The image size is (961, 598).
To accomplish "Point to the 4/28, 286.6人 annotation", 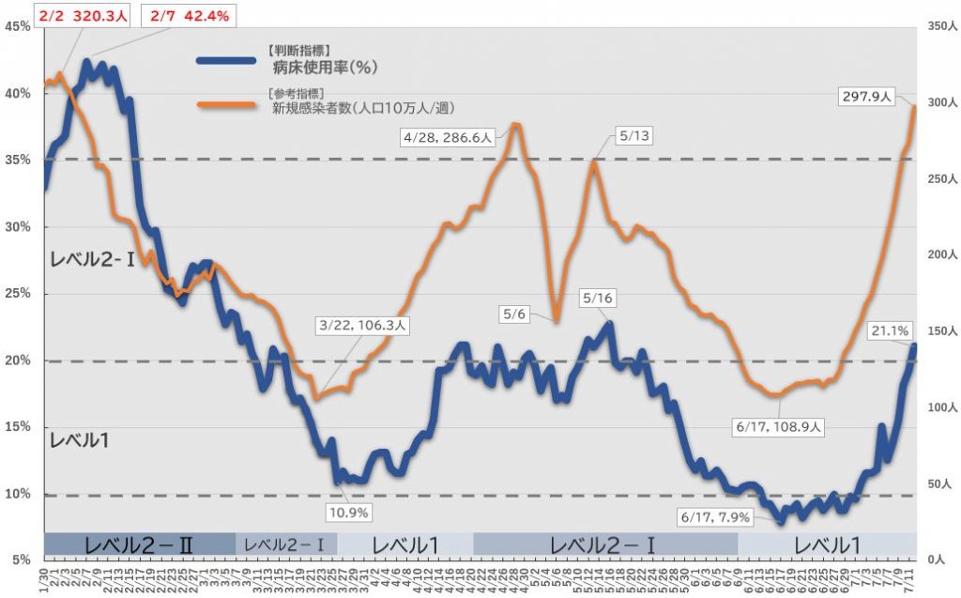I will coord(447,137).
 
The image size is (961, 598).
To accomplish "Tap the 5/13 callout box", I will coord(634,136).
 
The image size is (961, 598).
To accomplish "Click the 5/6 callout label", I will coord(514,314).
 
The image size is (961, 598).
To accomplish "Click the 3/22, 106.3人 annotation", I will coord(362,325).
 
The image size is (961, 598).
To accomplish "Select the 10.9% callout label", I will coord(349,513).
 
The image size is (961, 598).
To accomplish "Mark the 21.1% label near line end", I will coord(888,330).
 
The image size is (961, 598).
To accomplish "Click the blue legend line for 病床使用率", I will coord(225,60).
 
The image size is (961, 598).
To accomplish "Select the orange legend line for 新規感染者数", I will coord(225,104).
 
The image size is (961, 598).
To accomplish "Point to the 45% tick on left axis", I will coord(18,26).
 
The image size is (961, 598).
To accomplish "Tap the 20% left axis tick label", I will coord(18,360).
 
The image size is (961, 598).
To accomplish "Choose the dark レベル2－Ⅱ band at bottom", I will coord(139,544).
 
